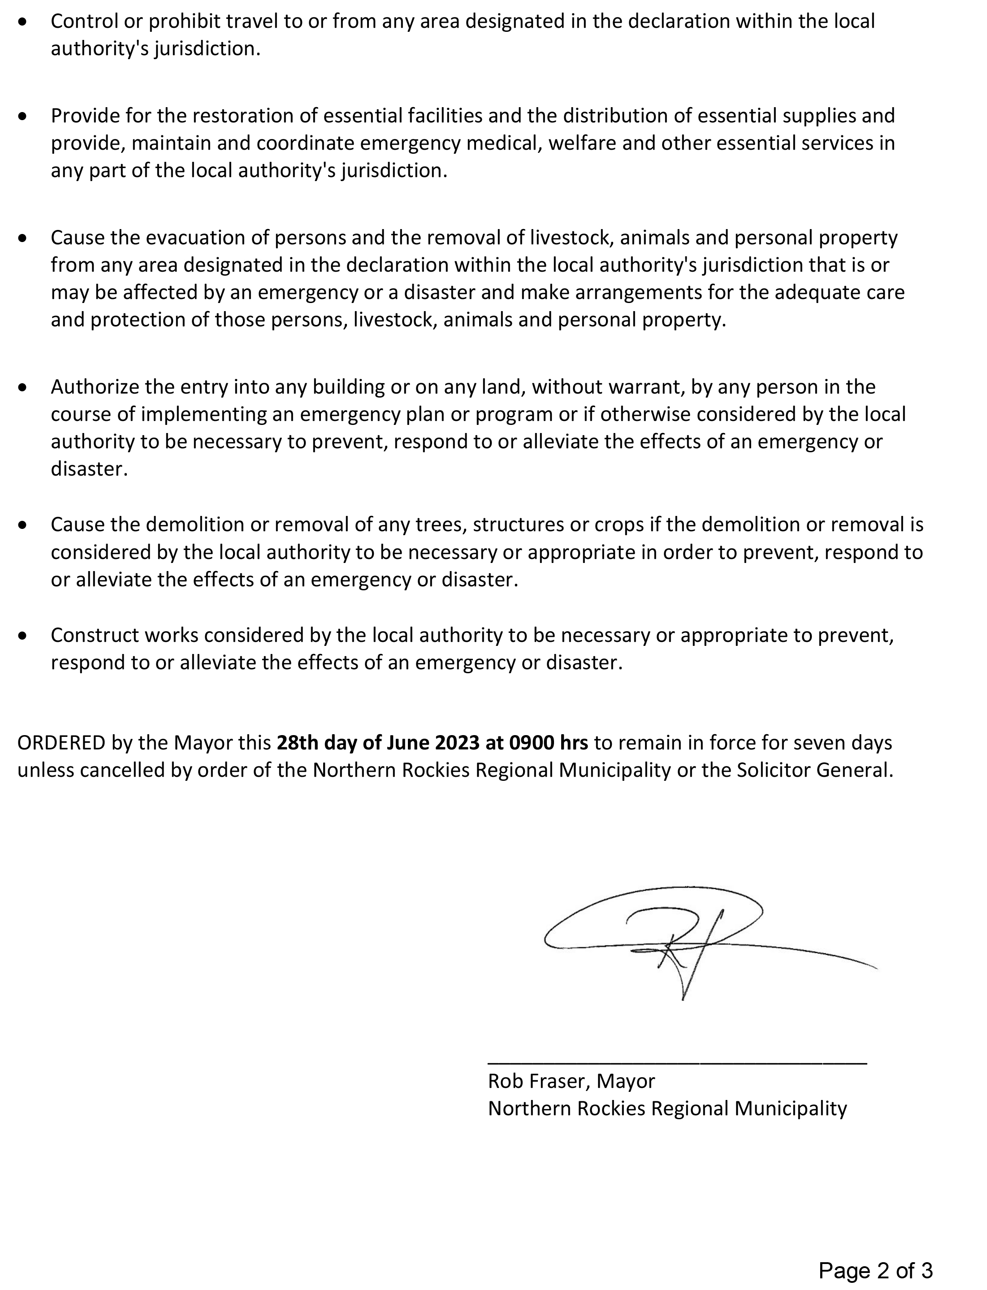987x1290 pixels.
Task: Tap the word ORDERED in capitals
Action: [61, 743]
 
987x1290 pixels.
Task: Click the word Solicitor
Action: [775, 770]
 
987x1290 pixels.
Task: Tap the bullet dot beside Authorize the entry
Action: [23, 388]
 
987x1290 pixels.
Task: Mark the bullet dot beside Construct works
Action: [23, 636]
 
